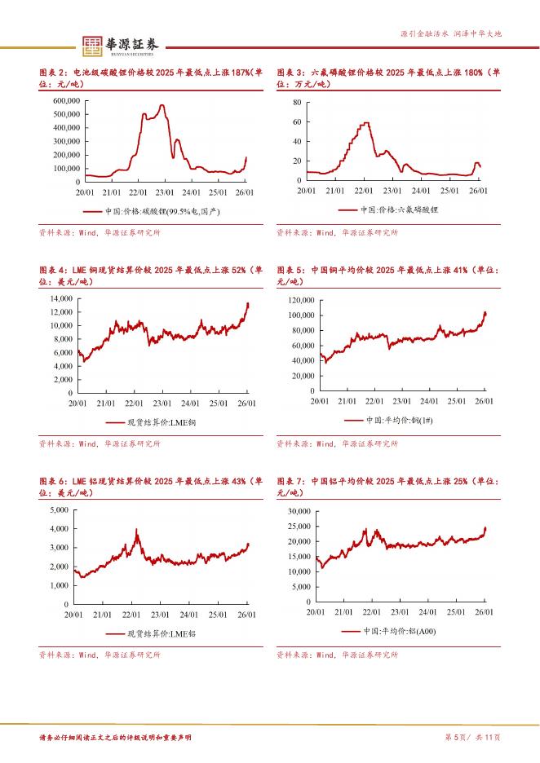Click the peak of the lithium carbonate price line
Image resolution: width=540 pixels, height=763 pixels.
(162, 106)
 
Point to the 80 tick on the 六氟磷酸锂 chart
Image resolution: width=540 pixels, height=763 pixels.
(298, 103)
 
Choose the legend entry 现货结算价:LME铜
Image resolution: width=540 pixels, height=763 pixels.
(152, 422)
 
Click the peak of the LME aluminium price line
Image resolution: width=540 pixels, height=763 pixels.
(136, 531)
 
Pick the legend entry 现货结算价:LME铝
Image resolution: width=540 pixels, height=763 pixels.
(152, 633)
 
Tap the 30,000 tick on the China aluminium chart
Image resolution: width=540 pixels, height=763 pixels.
(300, 510)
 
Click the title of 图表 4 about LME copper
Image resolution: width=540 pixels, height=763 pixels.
(151, 276)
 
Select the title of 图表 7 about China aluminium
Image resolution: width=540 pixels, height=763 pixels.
(387, 487)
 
